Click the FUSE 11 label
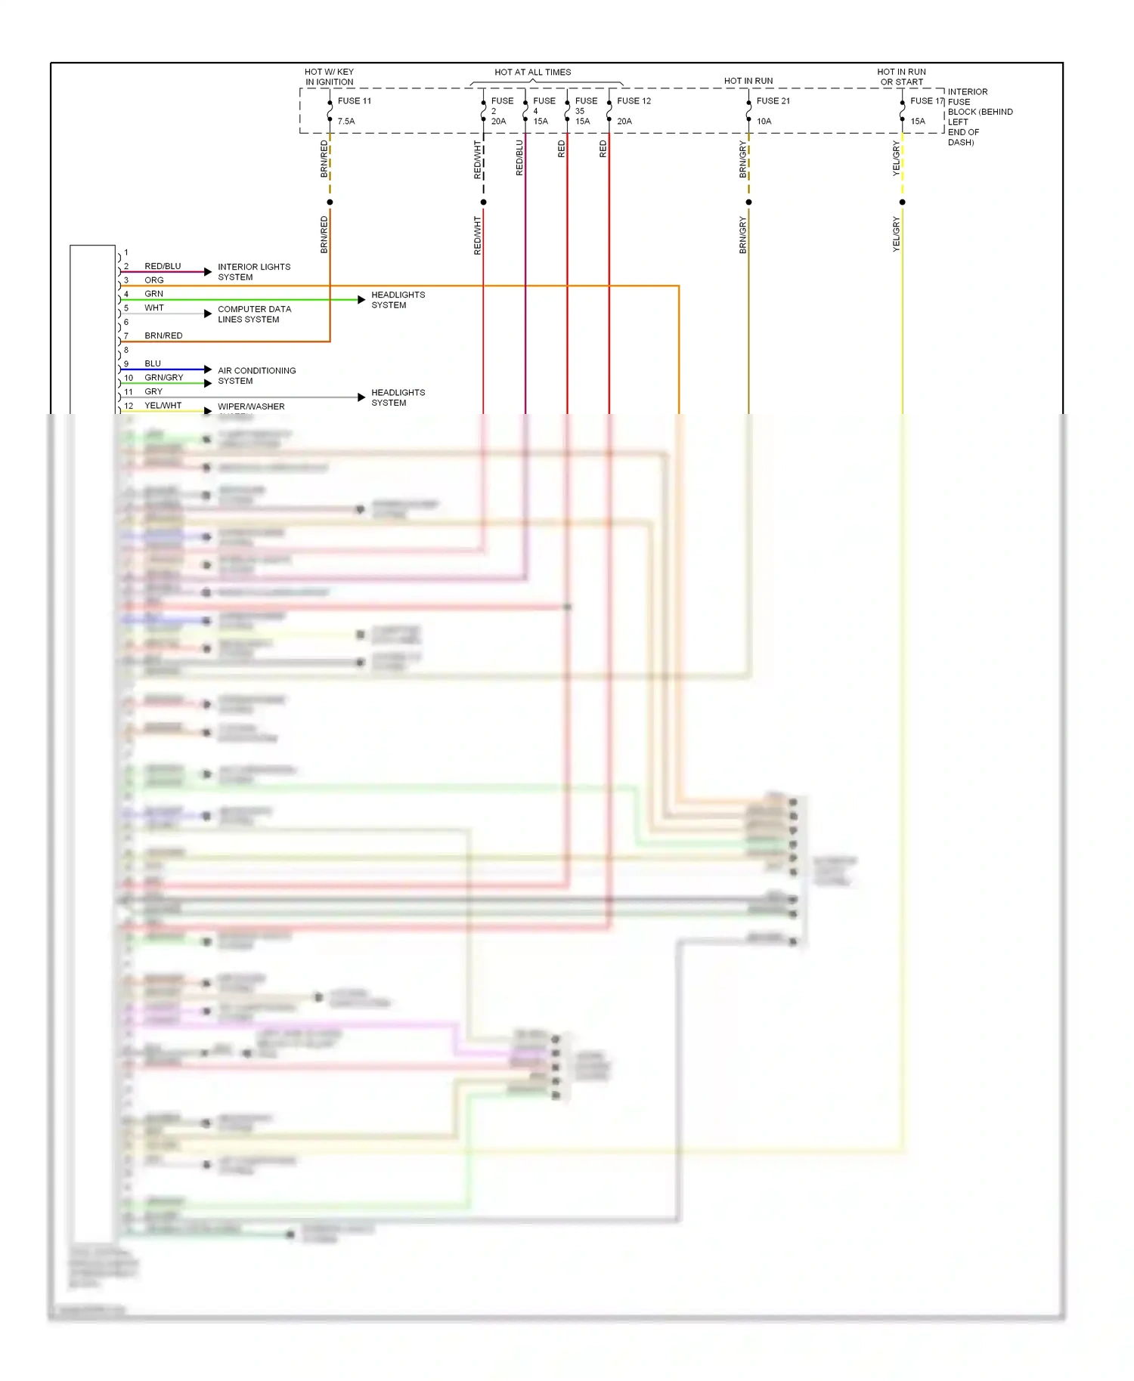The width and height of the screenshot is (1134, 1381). coord(354,101)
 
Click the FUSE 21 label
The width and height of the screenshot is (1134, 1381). coord(773,101)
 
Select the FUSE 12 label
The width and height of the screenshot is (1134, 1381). coord(634,101)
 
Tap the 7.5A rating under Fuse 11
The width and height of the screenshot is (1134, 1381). coord(346,122)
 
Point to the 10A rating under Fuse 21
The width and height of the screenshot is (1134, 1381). coord(764,122)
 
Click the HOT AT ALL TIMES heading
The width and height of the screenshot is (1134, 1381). coord(532,73)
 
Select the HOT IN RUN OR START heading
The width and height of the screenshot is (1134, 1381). coord(901,77)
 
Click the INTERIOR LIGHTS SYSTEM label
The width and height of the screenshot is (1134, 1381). coord(253,272)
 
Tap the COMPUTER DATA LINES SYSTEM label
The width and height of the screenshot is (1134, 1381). coord(254,314)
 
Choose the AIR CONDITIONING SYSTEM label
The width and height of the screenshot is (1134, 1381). coord(256,375)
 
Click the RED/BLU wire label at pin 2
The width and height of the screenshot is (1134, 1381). coord(163,267)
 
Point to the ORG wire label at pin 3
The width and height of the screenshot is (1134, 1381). coord(154,280)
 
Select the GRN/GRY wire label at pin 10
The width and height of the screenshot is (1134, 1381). coord(164,378)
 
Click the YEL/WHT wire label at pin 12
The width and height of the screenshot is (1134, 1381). coord(163,406)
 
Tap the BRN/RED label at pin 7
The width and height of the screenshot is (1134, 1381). coord(163,336)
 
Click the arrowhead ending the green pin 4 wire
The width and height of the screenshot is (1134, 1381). coord(361,300)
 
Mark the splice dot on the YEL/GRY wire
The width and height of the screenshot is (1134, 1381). coord(902,202)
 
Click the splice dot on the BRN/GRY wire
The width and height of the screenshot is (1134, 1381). coord(748,202)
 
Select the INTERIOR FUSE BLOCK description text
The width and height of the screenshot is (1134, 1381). coord(979,117)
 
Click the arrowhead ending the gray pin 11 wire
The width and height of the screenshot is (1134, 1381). coord(361,397)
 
